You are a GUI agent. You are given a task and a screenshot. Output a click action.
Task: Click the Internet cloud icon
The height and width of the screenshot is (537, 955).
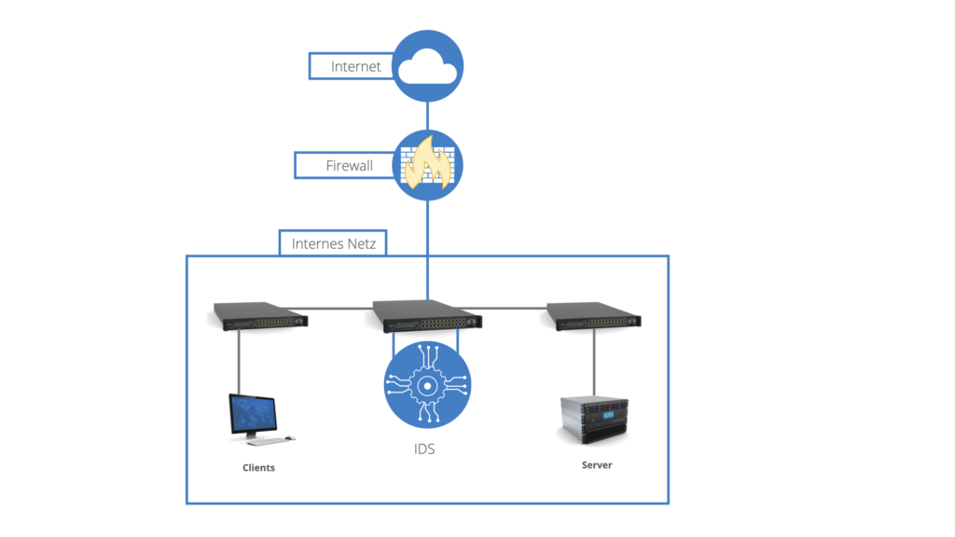click(x=427, y=66)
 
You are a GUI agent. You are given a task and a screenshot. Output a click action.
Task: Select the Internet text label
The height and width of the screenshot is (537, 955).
click(x=355, y=67)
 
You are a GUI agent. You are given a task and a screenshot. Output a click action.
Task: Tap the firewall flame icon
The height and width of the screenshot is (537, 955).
click(x=427, y=166)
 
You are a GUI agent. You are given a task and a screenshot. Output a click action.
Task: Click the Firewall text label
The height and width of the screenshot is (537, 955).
click(x=349, y=166)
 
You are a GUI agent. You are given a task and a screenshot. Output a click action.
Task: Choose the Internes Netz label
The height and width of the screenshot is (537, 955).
click(x=333, y=244)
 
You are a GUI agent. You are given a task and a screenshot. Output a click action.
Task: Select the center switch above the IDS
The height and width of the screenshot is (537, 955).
click(x=427, y=316)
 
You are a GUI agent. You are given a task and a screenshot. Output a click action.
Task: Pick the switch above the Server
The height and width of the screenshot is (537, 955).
click(x=594, y=316)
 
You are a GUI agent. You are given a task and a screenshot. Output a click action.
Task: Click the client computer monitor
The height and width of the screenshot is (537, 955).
click(x=253, y=415)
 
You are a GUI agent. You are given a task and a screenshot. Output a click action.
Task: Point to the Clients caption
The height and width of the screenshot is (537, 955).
click(x=258, y=467)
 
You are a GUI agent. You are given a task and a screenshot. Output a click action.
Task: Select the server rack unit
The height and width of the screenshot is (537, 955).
click(x=597, y=419)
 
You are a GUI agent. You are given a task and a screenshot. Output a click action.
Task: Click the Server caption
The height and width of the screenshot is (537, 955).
click(x=597, y=464)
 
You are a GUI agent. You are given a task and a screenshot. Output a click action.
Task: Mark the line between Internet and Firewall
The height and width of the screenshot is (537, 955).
click(x=427, y=116)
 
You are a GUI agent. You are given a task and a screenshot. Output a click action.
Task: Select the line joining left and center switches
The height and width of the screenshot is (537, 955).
click(x=339, y=306)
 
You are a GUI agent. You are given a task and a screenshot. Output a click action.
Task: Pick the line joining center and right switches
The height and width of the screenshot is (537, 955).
click(x=515, y=306)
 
